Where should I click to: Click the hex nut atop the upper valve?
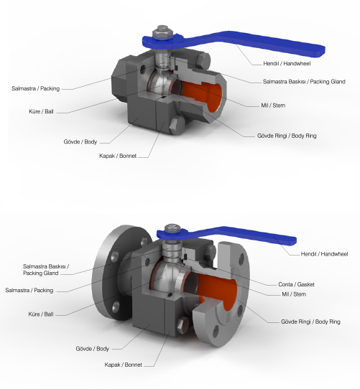[x=162, y=32]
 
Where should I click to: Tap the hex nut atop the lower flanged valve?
[x=172, y=228]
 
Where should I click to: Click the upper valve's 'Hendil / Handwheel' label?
[x=287, y=63]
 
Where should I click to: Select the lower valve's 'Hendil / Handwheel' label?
[x=324, y=254]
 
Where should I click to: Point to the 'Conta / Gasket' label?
[x=296, y=284]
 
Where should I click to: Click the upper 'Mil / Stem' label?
[x=273, y=106]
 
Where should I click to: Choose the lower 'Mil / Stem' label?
[x=294, y=294]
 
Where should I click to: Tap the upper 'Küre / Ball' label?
[x=41, y=111]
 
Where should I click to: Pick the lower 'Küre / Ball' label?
[x=41, y=314]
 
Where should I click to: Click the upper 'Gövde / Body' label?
[x=80, y=141]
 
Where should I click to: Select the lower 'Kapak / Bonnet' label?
[x=123, y=365]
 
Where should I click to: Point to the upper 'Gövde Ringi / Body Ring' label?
[x=287, y=136]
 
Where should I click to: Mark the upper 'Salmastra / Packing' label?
[x=35, y=88]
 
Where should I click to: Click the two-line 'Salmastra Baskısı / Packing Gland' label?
[x=46, y=270]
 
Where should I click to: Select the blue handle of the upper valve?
[x=234, y=42]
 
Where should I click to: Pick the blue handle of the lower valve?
[x=226, y=235]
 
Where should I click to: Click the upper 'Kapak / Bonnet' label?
[x=118, y=156]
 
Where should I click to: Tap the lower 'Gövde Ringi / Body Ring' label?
[x=310, y=322]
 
